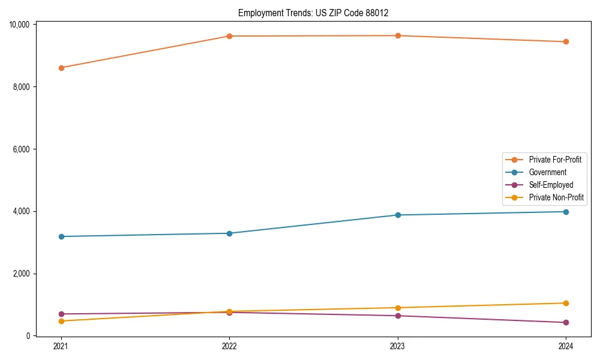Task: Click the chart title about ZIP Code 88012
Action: point(317,13)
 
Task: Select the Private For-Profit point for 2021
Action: point(61,68)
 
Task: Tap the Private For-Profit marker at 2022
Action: point(229,36)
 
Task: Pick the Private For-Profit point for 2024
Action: point(566,42)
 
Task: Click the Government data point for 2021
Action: point(61,236)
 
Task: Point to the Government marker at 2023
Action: point(398,215)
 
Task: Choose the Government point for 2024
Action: point(566,212)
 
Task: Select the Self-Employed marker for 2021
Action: point(61,314)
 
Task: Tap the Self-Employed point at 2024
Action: point(566,322)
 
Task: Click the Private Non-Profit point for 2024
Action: point(566,303)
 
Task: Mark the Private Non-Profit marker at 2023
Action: point(398,308)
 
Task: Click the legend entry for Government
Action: point(547,172)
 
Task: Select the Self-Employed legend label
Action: point(551,185)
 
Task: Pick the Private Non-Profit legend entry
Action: point(556,197)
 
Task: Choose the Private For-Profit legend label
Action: point(555,160)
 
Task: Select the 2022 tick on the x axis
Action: point(229,346)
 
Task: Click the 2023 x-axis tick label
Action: point(398,346)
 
